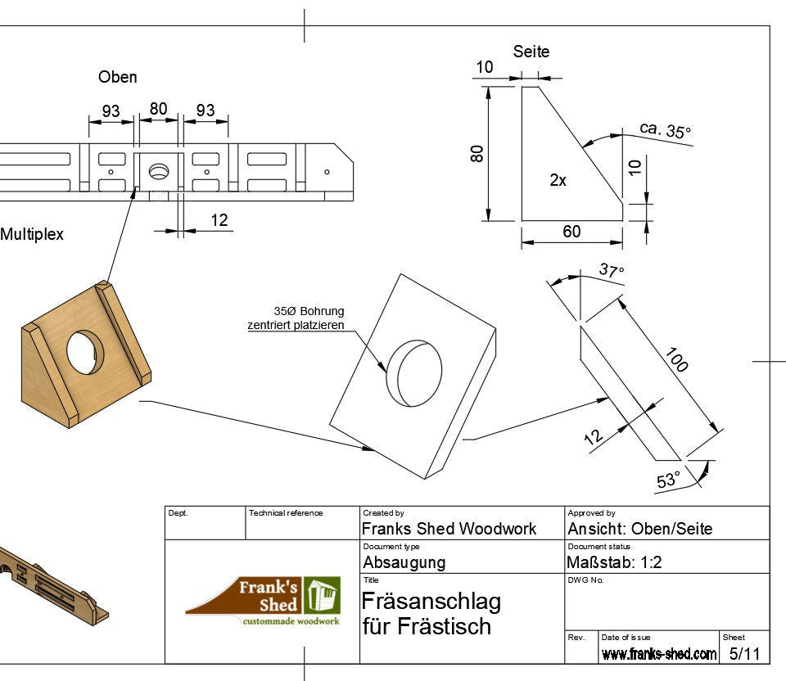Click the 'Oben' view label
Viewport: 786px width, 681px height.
tap(117, 77)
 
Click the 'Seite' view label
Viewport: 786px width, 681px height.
tap(531, 52)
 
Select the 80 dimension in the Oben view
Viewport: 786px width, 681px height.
tap(159, 108)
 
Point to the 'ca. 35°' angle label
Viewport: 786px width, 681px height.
tap(665, 130)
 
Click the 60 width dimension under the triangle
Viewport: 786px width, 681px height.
tap(571, 232)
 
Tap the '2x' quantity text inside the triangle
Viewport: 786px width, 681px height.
tap(558, 181)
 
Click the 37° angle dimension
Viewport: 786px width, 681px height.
tap(611, 269)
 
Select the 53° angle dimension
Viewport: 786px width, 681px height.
tap(668, 480)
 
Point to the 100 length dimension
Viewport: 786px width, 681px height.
tap(677, 359)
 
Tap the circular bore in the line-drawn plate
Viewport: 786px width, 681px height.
tap(413, 372)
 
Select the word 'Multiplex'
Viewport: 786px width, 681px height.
tap(31, 234)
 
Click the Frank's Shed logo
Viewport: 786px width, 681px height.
tap(263, 602)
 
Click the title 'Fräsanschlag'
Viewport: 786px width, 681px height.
tap(431, 602)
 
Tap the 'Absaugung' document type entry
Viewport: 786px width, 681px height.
tap(404, 562)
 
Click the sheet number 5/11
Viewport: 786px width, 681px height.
tap(744, 653)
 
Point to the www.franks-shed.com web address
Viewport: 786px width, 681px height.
tap(658, 653)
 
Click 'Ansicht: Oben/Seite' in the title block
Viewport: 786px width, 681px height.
tap(639, 529)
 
